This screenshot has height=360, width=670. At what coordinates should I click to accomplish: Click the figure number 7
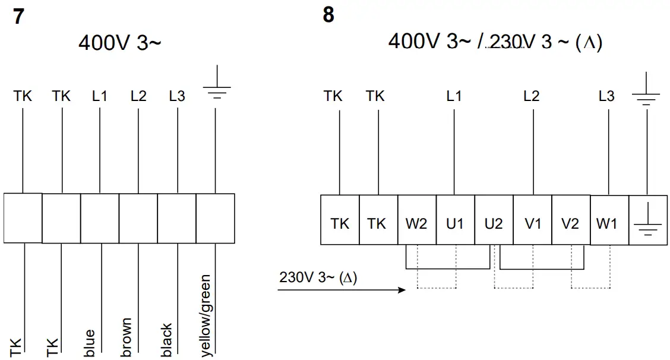[19, 16]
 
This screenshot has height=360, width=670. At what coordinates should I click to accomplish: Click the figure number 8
[328, 15]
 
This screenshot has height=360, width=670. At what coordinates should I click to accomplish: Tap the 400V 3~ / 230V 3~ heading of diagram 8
[495, 42]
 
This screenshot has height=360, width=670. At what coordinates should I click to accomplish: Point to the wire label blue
[90, 343]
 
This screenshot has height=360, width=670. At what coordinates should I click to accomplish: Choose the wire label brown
[126, 338]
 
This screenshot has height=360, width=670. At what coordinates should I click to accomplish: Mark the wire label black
[166, 340]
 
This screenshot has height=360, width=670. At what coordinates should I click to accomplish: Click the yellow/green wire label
[204, 315]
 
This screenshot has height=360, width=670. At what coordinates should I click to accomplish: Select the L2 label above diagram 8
[532, 96]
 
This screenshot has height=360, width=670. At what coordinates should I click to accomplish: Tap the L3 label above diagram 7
[177, 96]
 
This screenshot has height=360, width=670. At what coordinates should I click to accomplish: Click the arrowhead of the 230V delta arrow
[402, 290]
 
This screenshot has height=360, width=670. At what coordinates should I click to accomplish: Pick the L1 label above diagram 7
[100, 96]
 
